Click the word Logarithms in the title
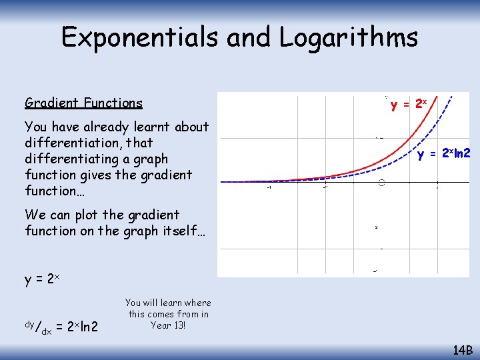point(349,37)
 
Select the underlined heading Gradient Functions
point(83,103)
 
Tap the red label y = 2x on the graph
point(409,104)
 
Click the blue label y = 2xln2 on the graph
point(444,155)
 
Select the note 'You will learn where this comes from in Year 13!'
point(168,314)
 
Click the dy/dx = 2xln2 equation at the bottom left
point(61,327)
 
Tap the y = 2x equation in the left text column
point(43,279)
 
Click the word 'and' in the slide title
point(249,37)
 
